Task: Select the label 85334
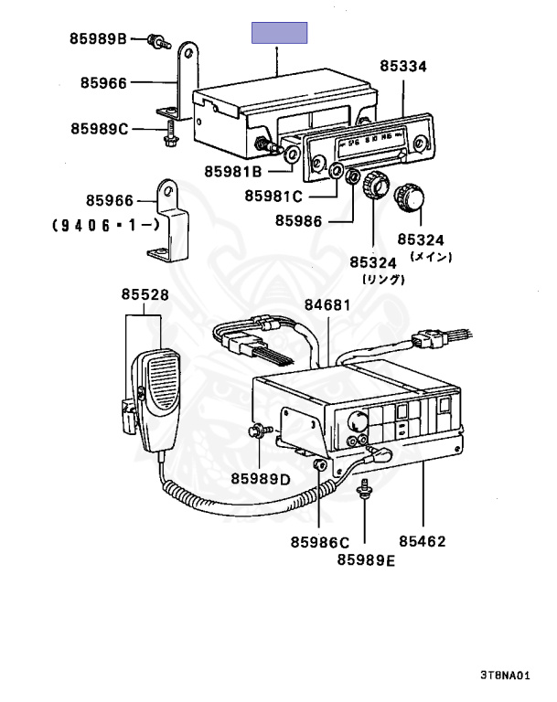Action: (403, 67)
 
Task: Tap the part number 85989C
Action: (101, 129)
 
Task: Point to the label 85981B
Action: (233, 171)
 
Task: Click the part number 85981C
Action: (273, 195)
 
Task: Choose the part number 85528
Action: (145, 294)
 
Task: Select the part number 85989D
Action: (260, 478)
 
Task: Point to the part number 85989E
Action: (365, 559)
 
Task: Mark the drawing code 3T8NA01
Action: (504, 675)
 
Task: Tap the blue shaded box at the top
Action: (280, 34)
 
